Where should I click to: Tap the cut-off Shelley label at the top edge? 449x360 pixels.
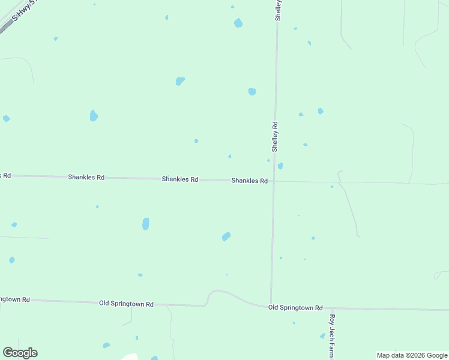click(x=278, y=10)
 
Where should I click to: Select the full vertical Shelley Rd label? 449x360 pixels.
click(x=274, y=136)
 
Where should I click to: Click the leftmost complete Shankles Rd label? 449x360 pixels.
click(x=86, y=178)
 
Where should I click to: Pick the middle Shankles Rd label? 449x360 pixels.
click(x=180, y=179)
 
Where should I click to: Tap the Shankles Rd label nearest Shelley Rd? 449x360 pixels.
click(x=249, y=181)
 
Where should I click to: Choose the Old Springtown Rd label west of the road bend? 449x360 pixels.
click(x=126, y=304)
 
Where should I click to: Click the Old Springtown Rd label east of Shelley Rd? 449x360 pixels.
click(x=295, y=308)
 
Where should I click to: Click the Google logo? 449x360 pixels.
click(x=20, y=353)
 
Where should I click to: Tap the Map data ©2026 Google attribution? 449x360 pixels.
click(x=412, y=355)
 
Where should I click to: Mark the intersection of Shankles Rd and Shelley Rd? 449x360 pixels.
click(x=274, y=181)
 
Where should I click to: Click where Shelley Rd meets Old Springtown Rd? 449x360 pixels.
click(x=271, y=307)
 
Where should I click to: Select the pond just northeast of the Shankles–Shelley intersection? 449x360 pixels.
click(x=280, y=166)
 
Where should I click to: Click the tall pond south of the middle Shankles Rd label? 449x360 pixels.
click(x=145, y=224)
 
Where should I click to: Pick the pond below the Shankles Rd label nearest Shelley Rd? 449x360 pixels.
click(x=226, y=236)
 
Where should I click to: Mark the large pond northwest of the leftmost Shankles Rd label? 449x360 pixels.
click(x=94, y=115)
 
